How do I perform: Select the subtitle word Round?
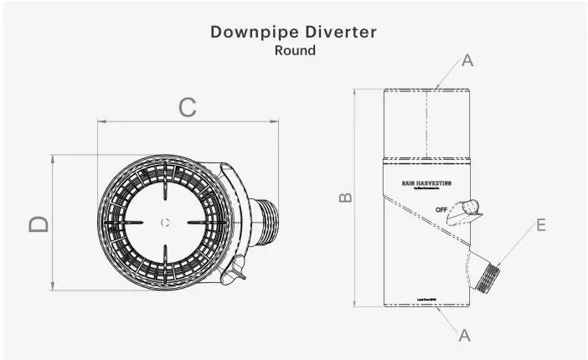[x=295, y=50]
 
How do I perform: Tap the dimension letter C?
[x=188, y=106]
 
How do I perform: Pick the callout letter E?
[x=540, y=225]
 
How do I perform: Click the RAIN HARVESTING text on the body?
[x=427, y=182]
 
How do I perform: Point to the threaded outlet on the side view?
[x=486, y=275]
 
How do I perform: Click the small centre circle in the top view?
[x=165, y=223]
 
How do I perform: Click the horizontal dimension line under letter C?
[x=188, y=122]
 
